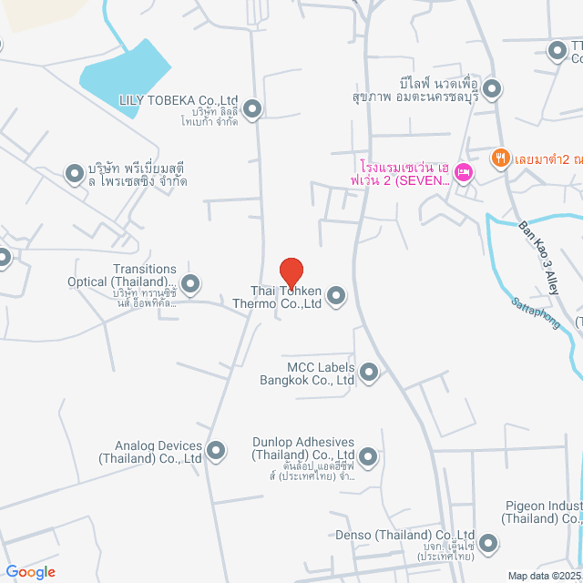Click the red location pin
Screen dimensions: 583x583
click(x=291, y=272)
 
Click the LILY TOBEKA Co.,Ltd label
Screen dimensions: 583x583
click(x=179, y=100)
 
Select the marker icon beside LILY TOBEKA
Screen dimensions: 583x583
click(x=254, y=109)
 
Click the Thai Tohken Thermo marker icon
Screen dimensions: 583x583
click(x=336, y=295)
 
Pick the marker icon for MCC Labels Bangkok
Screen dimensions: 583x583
click(x=369, y=372)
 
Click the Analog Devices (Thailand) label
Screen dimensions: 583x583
click(x=159, y=452)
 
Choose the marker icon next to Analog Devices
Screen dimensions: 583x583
click(x=216, y=450)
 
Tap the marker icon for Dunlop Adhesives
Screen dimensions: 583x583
click(x=368, y=455)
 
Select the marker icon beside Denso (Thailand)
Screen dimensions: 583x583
click(x=489, y=545)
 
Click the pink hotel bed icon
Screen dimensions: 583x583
click(x=464, y=171)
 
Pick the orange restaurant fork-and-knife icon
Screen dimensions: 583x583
click(x=500, y=159)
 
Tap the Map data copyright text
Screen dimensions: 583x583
click(x=544, y=575)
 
